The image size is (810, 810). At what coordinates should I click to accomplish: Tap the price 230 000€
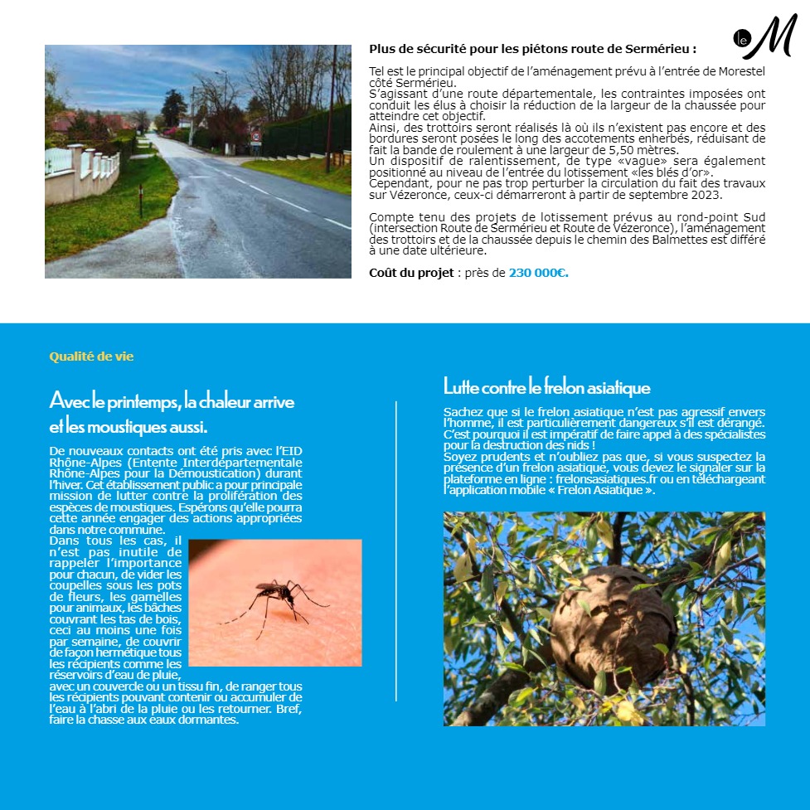click(538, 272)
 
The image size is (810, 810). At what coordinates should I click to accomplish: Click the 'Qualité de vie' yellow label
click(91, 356)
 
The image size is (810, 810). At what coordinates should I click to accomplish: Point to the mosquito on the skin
click(274, 598)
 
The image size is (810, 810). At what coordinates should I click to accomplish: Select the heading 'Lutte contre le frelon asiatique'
click(546, 387)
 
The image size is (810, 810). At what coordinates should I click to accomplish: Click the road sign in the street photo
click(255, 135)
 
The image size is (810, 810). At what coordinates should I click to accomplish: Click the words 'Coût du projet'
click(411, 272)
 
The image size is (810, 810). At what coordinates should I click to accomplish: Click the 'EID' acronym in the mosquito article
click(289, 451)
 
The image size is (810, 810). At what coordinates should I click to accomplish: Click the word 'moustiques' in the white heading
click(124, 428)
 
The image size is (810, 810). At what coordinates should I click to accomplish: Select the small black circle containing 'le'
click(741, 37)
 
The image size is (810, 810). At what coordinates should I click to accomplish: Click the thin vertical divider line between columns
click(396, 551)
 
